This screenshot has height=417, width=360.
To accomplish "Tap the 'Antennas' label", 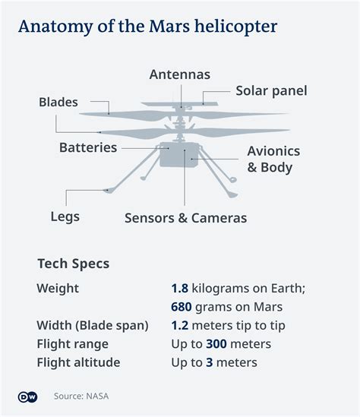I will click(179, 74).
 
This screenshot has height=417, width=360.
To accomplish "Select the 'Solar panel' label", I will click(271, 90).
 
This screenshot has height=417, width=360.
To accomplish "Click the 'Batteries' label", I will click(88, 147).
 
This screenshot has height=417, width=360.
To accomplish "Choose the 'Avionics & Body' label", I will click(273, 160).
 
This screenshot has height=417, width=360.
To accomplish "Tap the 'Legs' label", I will click(65, 216).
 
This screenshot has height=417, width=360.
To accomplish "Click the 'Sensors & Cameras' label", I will click(185, 218).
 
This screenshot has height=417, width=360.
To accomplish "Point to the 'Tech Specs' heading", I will click(74, 264).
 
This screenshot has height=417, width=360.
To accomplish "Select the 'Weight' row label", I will click(58, 289).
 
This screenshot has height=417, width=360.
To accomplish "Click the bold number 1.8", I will click(180, 289).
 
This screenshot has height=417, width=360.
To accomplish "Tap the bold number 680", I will click(185, 307).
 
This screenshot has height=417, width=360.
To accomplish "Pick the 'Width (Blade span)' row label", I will click(93, 326).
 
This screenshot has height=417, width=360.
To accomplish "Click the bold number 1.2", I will click(180, 326).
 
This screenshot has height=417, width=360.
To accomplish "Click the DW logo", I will click(27, 396).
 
